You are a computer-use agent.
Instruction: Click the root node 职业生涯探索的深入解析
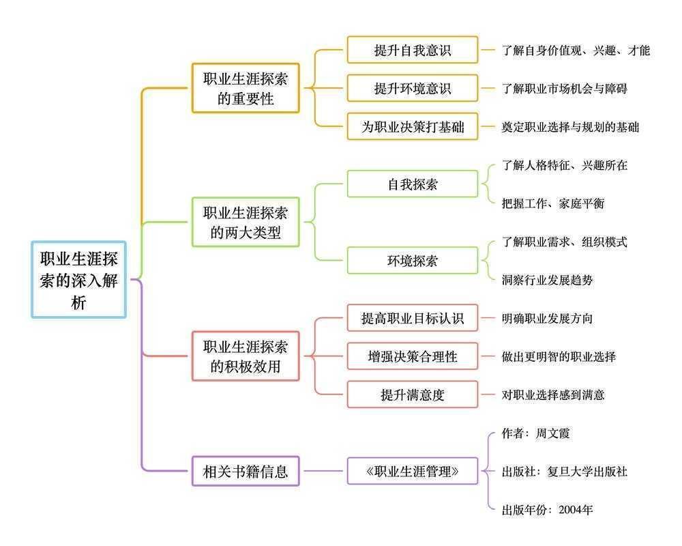(x=78, y=279)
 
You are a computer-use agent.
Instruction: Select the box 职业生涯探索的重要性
(x=246, y=88)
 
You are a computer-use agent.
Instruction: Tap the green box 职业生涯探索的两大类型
(x=246, y=222)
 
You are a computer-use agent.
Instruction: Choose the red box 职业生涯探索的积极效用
(x=246, y=356)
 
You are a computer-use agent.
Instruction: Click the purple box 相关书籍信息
(x=246, y=471)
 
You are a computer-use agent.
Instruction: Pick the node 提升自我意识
(x=412, y=50)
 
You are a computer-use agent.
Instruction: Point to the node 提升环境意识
(x=412, y=88)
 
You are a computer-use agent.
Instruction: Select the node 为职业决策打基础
(x=412, y=126)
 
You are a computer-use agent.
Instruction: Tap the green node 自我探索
(x=412, y=184)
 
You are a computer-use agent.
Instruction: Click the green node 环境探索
(x=412, y=260)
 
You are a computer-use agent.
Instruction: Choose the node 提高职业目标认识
(x=412, y=318)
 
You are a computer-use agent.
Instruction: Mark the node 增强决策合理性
(x=412, y=356)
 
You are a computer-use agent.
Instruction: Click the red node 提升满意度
(x=412, y=394)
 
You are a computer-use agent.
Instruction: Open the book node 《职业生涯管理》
(x=412, y=471)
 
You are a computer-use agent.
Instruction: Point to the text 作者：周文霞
(x=535, y=433)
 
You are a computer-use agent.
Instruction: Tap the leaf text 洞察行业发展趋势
(x=547, y=280)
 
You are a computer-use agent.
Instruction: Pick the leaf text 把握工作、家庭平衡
(x=552, y=203)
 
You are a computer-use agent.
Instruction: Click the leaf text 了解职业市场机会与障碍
(x=564, y=89)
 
